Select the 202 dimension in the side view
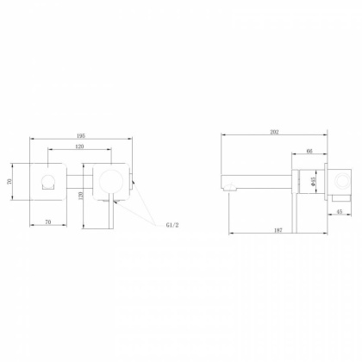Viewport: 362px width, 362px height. point(275,132)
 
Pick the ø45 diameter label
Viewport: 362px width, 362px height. point(303,182)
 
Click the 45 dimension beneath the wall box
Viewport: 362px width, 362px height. point(338,211)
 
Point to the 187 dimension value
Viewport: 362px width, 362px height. point(275,230)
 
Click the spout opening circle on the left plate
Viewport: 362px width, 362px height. point(47,180)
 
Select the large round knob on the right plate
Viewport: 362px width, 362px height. point(109,180)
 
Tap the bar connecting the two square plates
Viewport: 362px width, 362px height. point(79,181)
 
